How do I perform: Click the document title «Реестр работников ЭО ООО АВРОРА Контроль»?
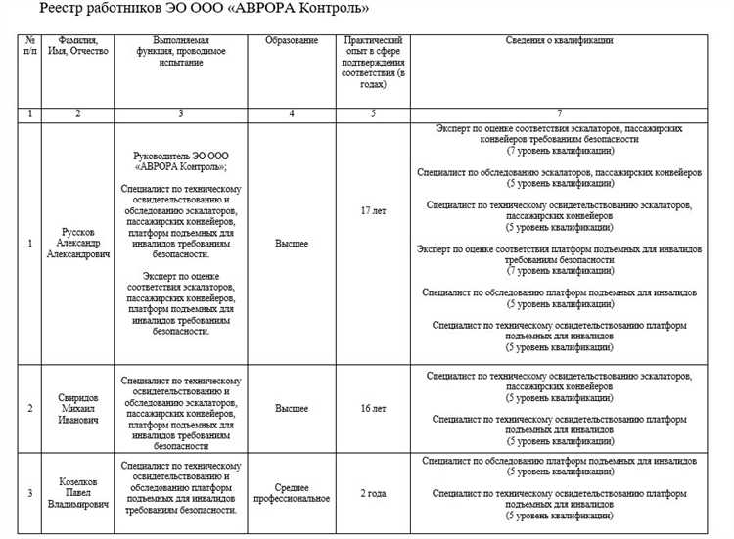pyautogui.click(x=205, y=9)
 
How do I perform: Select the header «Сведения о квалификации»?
pyautogui.click(x=559, y=41)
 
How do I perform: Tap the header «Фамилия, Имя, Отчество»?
pyautogui.click(x=78, y=46)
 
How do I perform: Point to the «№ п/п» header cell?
pyautogui.click(x=30, y=46)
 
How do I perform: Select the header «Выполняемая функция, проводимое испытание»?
pyautogui.click(x=181, y=52)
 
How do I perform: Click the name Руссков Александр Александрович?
pyautogui.click(x=78, y=244)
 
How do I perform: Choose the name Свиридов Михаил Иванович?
pyautogui.click(x=78, y=408)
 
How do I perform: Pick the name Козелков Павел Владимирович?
pyautogui.click(x=78, y=495)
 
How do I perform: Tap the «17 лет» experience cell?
pyautogui.click(x=372, y=210)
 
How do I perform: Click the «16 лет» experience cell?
pyautogui.click(x=372, y=408)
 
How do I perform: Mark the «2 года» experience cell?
pyautogui.click(x=372, y=493)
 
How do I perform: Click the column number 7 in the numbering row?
pyautogui.click(x=559, y=114)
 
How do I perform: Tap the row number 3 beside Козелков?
pyautogui.click(x=30, y=493)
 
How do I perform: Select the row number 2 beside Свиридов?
pyautogui.click(x=30, y=408)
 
